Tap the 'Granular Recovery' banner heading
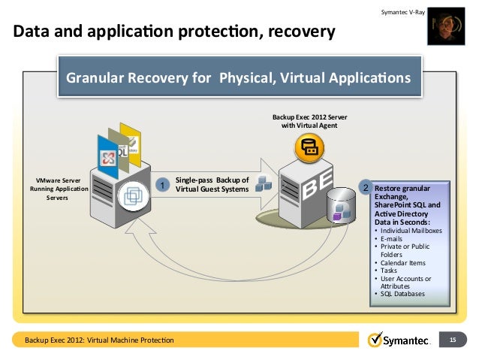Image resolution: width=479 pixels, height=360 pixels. (239, 78)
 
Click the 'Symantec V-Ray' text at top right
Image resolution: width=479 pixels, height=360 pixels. (403, 13)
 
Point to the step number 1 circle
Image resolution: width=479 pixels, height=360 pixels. (161, 184)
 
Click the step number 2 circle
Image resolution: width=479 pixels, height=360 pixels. (366, 186)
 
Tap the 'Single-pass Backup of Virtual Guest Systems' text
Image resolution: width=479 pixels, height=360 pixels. (212, 185)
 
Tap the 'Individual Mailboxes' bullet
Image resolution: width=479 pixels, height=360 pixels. (411, 231)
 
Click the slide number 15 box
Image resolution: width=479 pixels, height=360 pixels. (453, 340)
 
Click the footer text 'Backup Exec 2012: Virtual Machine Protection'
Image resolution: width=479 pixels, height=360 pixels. (99, 340)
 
